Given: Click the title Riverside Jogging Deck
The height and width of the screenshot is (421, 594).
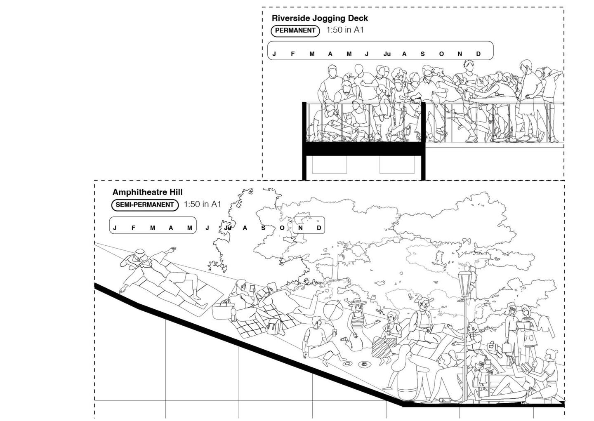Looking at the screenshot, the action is click(320, 18).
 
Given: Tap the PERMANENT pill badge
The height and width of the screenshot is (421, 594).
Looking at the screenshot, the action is click(295, 31).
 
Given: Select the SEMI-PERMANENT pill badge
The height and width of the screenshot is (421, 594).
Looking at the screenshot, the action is click(145, 205).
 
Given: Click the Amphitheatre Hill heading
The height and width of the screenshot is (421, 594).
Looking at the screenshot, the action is click(147, 192).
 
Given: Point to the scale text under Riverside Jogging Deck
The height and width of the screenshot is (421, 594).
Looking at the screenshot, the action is click(345, 30).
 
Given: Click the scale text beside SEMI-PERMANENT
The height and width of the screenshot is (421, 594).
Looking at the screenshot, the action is click(202, 204).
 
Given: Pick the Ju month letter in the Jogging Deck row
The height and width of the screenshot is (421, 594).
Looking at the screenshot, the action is click(387, 54).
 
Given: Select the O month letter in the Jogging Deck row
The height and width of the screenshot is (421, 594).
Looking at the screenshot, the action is click(441, 54).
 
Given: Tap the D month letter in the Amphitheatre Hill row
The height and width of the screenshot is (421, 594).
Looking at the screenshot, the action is click(319, 228).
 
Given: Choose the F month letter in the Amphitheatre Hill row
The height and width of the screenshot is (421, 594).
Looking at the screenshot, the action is click(133, 228).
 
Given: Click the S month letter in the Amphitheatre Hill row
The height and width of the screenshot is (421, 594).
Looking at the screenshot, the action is click(263, 228).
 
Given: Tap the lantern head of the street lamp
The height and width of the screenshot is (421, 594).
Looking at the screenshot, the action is click(465, 284).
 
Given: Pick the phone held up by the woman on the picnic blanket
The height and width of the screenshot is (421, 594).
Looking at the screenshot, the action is click(252, 288).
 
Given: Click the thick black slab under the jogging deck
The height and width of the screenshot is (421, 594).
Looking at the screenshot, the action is click(364, 149).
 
